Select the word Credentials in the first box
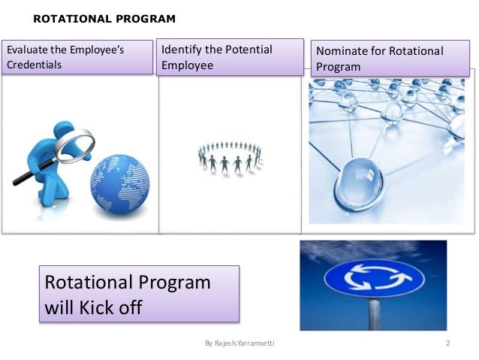click(x=35, y=65)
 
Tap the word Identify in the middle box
click(x=181, y=50)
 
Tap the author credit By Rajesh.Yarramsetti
click(x=239, y=344)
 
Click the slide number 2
click(x=447, y=344)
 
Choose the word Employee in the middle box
click(x=188, y=65)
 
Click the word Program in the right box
click(x=338, y=67)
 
